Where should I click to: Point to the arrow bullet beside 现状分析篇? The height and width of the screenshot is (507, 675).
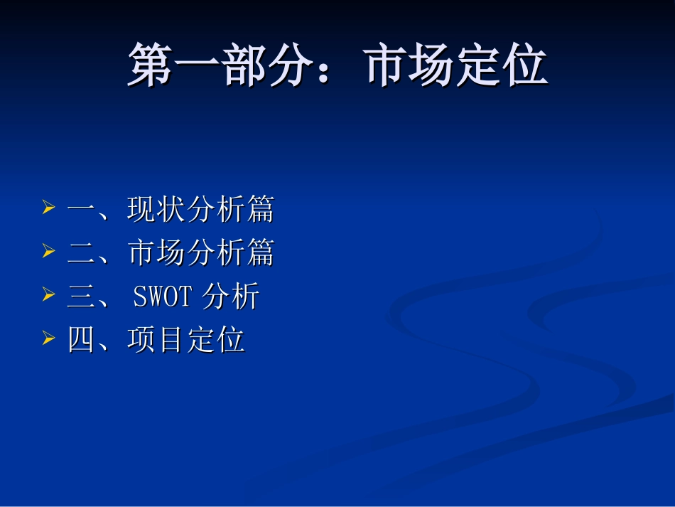[48, 209]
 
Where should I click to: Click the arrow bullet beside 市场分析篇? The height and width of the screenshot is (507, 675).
[48, 252]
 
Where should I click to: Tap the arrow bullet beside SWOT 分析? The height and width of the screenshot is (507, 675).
[48, 294]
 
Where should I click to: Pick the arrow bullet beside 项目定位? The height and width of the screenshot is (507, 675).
[48, 338]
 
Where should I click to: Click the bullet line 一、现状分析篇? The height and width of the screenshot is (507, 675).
[171, 210]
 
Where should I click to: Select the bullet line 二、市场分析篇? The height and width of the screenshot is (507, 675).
[171, 252]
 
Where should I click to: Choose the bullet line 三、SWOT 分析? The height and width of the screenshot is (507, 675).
[163, 296]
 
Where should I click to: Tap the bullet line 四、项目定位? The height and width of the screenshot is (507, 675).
[156, 339]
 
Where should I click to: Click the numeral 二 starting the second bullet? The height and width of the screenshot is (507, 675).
[81, 253]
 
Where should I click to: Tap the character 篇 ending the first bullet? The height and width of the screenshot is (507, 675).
[261, 210]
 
